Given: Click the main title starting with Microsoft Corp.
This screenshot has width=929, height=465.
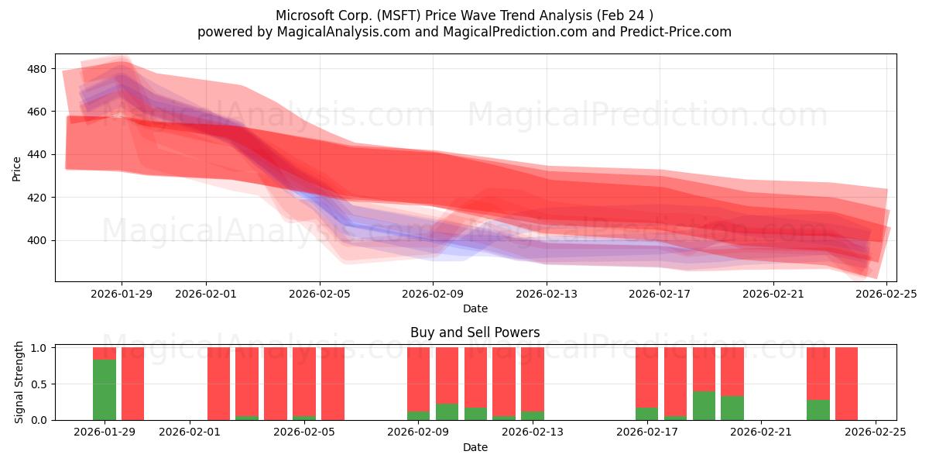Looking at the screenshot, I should (x=464, y=15).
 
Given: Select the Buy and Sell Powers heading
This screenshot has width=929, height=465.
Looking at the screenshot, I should (x=475, y=332).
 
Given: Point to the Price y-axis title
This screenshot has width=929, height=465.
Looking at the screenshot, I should (x=17, y=167).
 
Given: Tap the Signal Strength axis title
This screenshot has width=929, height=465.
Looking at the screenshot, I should (x=19, y=383).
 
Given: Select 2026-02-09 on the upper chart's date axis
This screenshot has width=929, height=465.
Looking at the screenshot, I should (x=433, y=294).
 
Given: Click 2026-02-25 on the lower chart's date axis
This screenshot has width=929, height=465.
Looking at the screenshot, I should (x=876, y=432).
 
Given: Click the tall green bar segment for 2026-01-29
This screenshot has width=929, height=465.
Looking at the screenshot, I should (x=105, y=389).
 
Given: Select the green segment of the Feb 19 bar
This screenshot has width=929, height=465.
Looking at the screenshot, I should (x=704, y=405).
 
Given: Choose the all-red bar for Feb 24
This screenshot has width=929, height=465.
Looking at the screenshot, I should (x=846, y=383).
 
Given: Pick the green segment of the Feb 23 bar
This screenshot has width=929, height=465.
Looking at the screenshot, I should (x=818, y=409).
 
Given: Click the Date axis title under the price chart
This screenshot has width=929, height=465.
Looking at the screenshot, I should (x=475, y=308).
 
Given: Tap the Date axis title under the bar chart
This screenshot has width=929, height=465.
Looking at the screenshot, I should (x=475, y=447).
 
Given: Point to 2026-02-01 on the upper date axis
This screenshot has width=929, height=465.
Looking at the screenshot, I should (x=206, y=294).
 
